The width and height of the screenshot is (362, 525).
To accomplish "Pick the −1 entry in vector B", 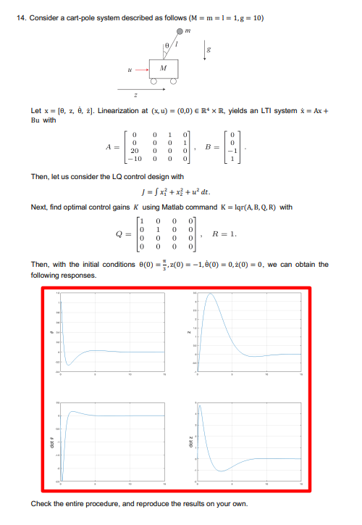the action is [x=230, y=151].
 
